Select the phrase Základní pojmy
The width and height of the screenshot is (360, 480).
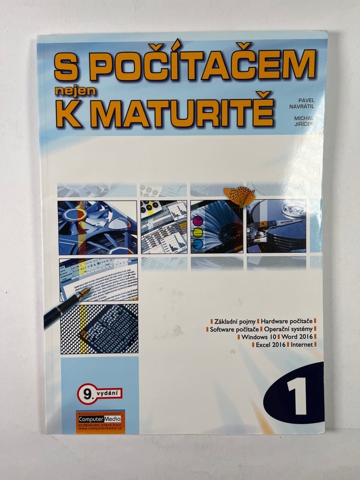coord(234,322)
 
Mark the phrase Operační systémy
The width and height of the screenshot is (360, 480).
coord(291,330)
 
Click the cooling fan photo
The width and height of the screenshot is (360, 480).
coord(97,227)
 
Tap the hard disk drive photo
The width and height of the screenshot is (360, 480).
coord(276,226)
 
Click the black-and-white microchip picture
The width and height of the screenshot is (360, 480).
coord(99,329)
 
